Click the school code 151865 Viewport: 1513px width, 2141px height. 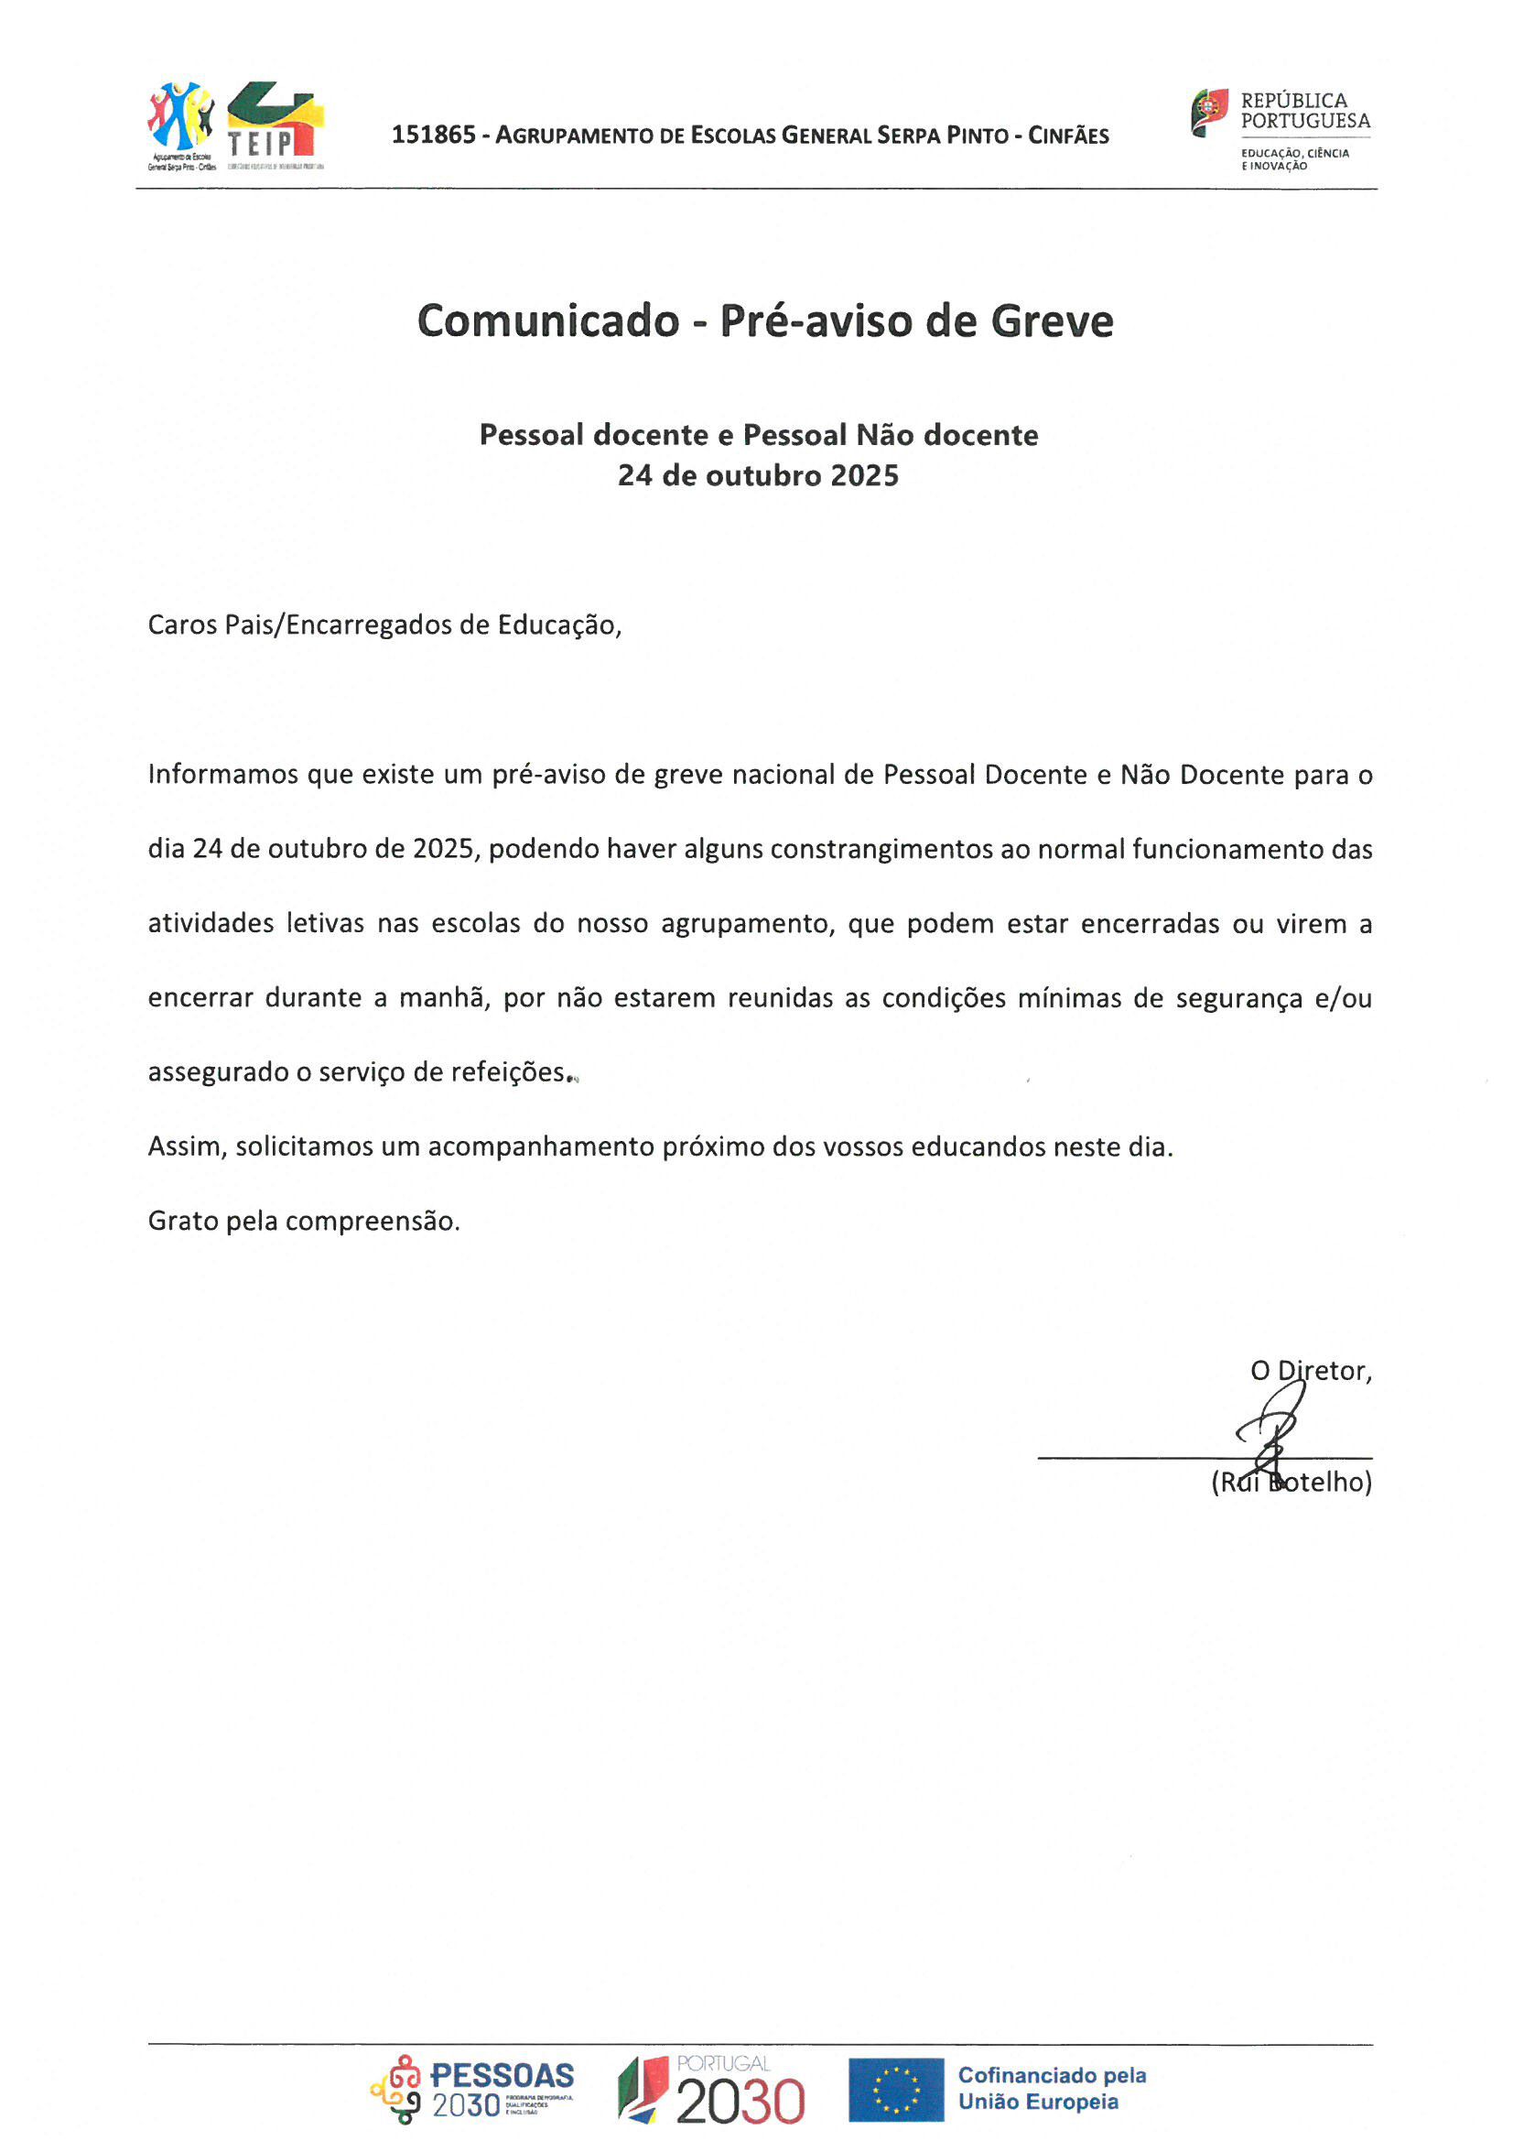(434, 136)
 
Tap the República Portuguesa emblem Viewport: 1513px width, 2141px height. (1209, 112)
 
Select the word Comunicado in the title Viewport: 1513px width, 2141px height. (548, 321)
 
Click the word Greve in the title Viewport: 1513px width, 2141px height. (1052, 321)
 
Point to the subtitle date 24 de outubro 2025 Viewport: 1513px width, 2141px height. (758, 475)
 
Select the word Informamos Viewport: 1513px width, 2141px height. (221, 775)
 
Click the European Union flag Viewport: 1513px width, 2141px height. (895, 2090)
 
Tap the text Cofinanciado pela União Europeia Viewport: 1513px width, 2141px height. (1052, 2089)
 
